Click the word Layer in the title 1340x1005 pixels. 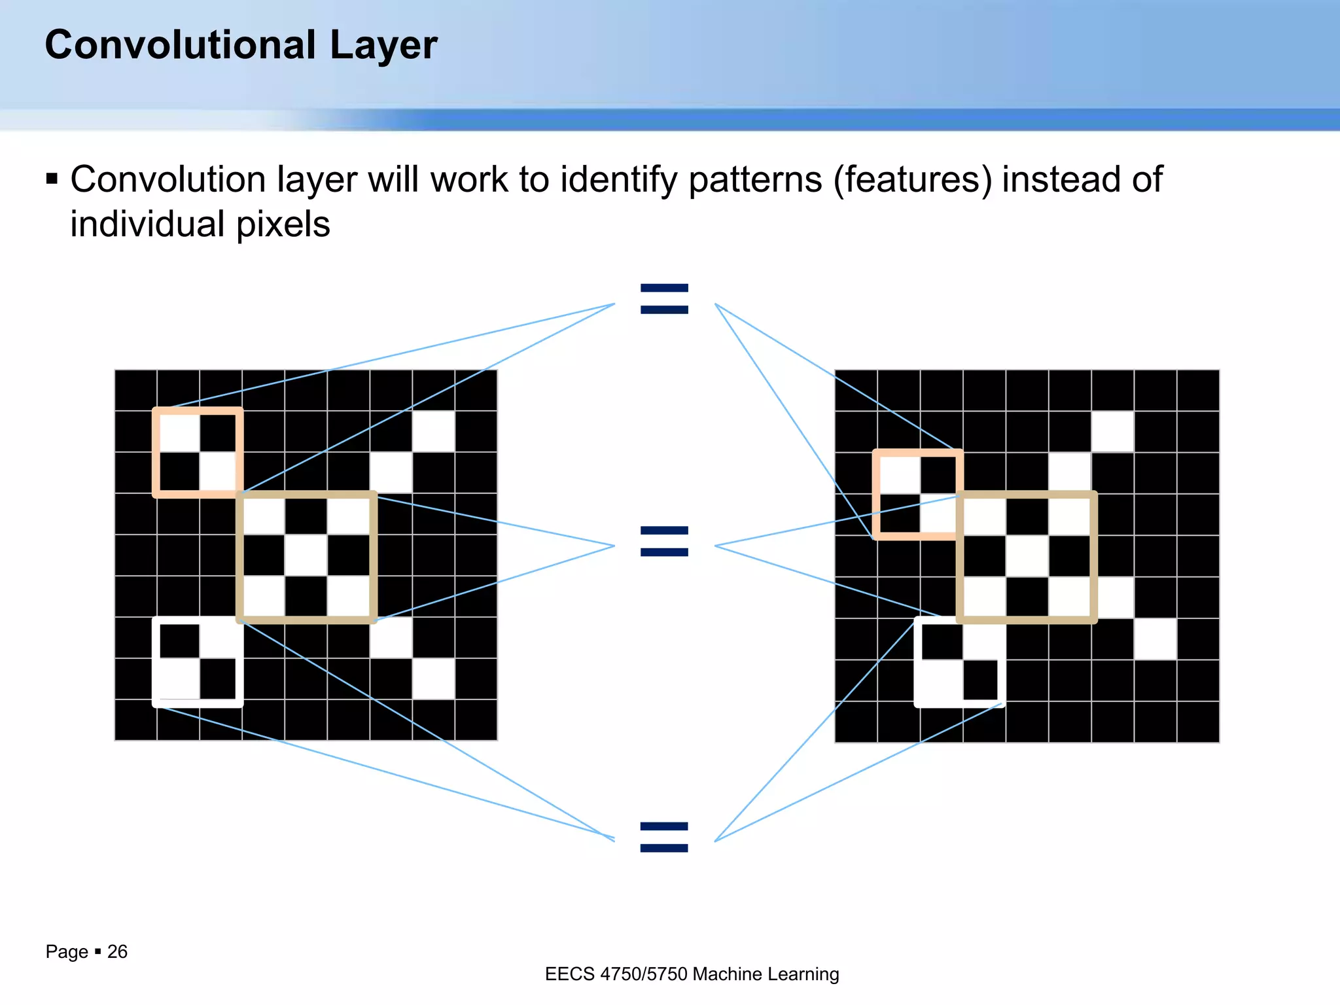[x=383, y=46]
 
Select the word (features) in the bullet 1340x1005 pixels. [x=912, y=180]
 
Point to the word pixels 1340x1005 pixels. [x=283, y=224]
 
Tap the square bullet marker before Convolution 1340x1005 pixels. [x=52, y=179]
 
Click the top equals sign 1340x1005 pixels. [x=664, y=299]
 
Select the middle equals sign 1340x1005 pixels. [x=664, y=541]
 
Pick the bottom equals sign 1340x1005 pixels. [x=664, y=837]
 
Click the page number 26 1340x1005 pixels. [x=117, y=951]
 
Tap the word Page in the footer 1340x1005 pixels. [x=67, y=951]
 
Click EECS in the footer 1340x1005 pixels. [x=570, y=974]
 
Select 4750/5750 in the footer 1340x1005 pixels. [x=644, y=974]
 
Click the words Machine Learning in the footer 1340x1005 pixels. [x=766, y=974]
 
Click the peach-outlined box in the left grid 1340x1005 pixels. [x=198, y=452]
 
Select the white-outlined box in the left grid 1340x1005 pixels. [x=198, y=661]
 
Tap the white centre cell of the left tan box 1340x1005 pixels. [x=306, y=556]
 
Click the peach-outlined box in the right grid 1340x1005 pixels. [x=917, y=495]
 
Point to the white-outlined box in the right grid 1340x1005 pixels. [x=959, y=662]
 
